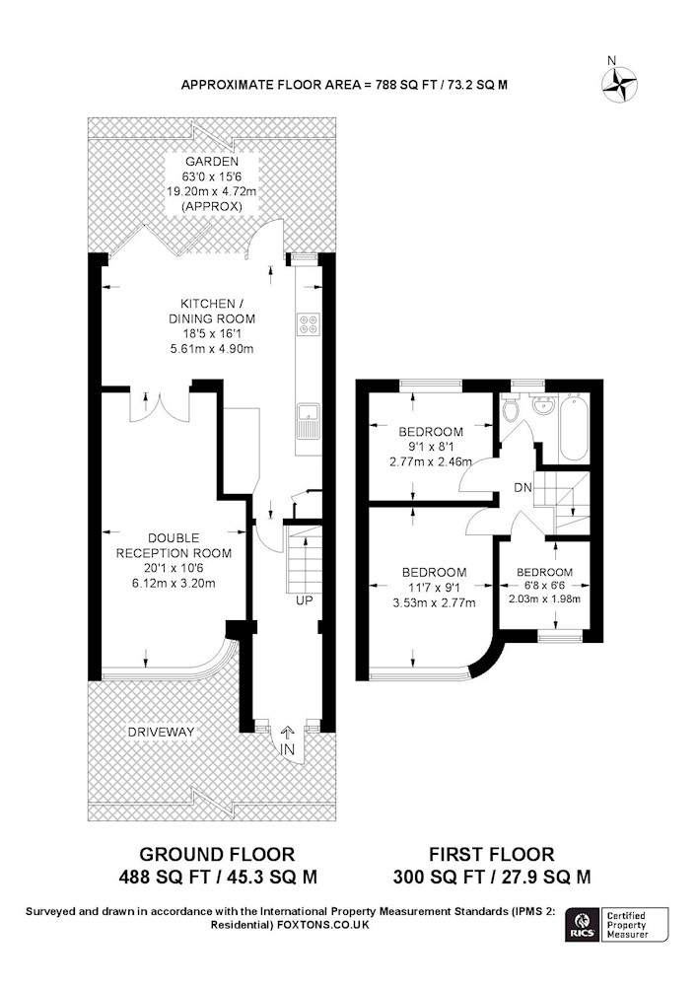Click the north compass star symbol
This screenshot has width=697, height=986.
coord(620,84)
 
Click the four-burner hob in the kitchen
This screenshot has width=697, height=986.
coord(308,323)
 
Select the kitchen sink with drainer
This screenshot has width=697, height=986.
coord(308,421)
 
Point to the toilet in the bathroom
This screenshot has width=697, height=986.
coord(511,409)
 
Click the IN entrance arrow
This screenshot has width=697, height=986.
coord(288,734)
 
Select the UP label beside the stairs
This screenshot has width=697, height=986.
coord(305,600)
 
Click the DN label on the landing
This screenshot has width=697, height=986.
coord(523,487)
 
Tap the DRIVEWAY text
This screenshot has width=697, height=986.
coord(161,732)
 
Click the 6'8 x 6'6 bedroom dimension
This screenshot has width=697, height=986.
coord(544,586)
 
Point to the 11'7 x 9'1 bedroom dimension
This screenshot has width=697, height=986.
coord(435,588)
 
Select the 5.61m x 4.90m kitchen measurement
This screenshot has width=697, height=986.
coord(212,348)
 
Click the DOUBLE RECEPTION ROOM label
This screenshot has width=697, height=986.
coord(174,546)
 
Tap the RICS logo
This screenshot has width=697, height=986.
coord(582,925)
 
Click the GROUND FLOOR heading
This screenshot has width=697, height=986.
coord(217,854)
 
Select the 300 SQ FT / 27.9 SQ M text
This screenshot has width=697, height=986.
coord(492,877)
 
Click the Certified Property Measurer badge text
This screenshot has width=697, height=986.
coord(627,925)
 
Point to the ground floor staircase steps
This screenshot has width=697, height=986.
coord(305,559)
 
